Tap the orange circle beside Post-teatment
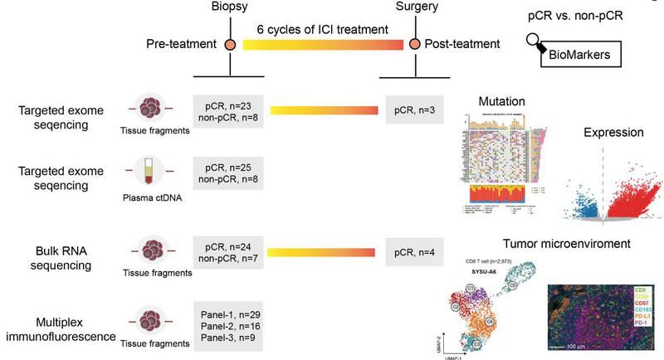point(407,42)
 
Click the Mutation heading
point(500,101)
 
